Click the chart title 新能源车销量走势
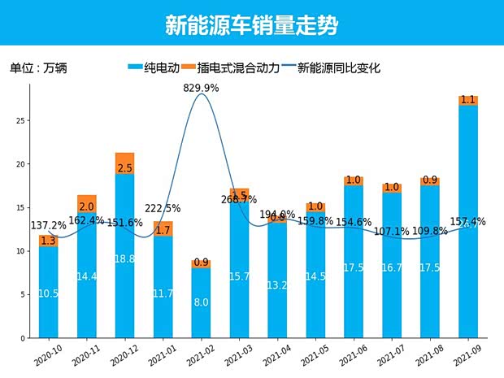click(x=251, y=24)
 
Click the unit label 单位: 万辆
click(x=38, y=68)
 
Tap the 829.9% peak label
click(x=201, y=87)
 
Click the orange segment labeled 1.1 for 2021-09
click(x=468, y=100)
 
